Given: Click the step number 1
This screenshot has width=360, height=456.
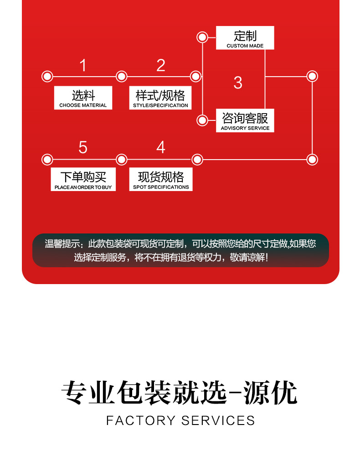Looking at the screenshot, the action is coord(82,66).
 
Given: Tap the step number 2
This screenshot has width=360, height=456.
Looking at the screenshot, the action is coord(160,66).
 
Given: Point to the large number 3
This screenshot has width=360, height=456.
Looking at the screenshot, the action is coord(237,83).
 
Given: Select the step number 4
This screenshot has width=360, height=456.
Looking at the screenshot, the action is coord(160,148).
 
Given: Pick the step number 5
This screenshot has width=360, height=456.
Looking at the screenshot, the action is coord(82,148).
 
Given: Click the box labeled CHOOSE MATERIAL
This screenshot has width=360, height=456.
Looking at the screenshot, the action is coord(83,98).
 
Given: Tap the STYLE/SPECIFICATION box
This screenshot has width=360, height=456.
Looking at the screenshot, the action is coord(160,98).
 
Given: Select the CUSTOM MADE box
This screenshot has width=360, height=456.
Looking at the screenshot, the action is coord(245,38).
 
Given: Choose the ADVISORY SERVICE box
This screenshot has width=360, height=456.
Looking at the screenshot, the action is coord(245,121).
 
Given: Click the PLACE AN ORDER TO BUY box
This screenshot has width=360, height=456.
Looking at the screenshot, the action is coord(83,180).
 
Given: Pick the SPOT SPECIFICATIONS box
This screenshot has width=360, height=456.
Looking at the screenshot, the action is coord(161,180).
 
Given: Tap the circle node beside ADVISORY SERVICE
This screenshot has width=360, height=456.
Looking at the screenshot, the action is coord(202,120).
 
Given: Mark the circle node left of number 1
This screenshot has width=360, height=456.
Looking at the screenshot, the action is coord(47,77).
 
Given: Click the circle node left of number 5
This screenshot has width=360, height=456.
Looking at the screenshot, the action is coord(47,160).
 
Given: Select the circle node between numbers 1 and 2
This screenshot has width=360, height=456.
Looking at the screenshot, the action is coord(121,77).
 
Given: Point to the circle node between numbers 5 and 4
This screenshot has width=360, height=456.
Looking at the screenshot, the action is coord(121,160).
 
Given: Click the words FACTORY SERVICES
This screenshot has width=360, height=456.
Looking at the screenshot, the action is coord(180,420).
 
